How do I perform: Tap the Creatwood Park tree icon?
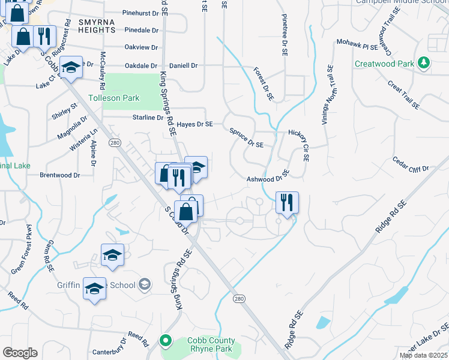point(424,62)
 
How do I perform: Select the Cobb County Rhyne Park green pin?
point(166,341)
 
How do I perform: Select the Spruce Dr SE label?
point(246,137)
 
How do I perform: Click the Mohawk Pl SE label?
point(357,44)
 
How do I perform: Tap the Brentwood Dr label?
point(59,175)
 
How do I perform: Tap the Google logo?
point(20,353)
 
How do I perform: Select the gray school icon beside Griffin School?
point(144,284)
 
